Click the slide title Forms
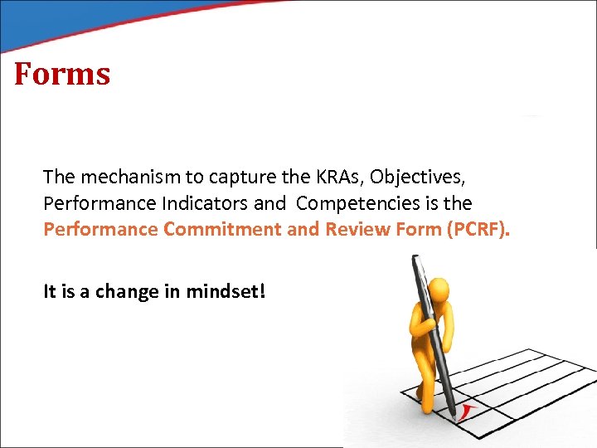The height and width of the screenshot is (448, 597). click(62, 74)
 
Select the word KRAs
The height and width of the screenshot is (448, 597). click(337, 177)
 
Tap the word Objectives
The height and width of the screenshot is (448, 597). click(415, 177)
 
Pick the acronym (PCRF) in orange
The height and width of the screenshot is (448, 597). click(476, 229)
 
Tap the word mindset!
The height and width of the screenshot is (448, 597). click(226, 292)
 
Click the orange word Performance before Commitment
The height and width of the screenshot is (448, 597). click(101, 229)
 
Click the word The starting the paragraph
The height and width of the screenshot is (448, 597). click(58, 177)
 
